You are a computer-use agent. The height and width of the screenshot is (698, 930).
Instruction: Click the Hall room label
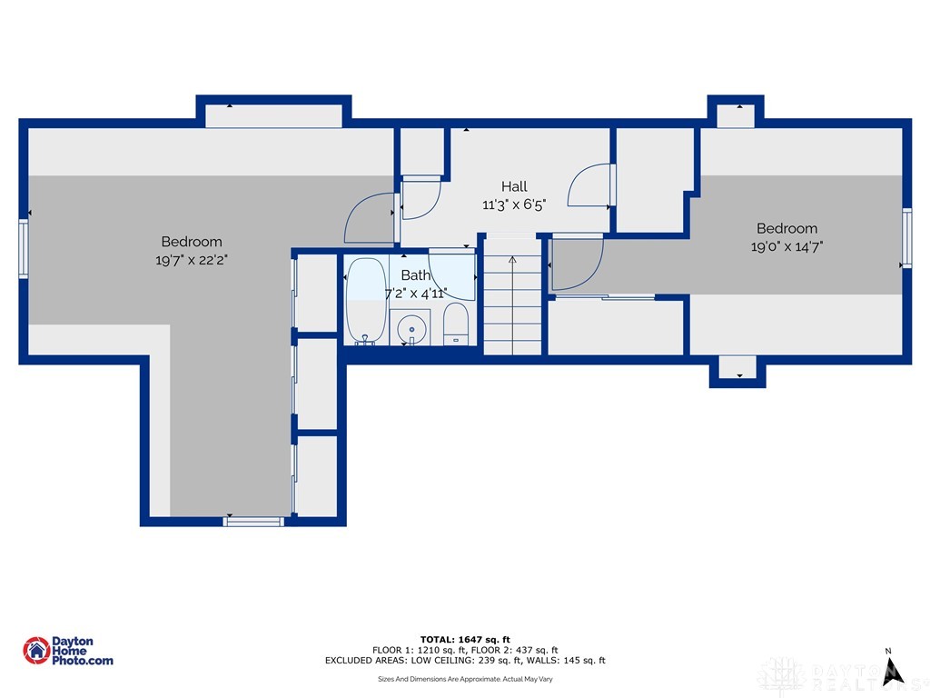(514, 186)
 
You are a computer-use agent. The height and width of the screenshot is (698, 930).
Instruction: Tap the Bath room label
(416, 274)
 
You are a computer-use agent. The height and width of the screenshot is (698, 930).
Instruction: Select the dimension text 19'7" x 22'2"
(192, 259)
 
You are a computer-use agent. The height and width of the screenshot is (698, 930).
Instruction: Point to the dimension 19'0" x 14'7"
(787, 245)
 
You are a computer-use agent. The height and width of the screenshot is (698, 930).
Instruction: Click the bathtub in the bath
(366, 300)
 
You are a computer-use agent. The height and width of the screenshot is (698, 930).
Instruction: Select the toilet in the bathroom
(455, 325)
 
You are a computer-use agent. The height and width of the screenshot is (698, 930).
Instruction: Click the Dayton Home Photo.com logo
(68, 651)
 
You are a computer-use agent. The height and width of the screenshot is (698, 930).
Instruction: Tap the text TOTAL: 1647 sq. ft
(465, 639)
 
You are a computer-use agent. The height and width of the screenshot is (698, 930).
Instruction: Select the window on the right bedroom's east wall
(906, 238)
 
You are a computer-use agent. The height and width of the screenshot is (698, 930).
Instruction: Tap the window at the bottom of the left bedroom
(253, 521)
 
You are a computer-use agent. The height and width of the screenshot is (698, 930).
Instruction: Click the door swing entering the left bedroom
(372, 218)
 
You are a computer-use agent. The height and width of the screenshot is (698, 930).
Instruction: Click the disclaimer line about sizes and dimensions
(465, 679)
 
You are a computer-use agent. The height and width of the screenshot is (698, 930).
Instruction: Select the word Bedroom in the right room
(787, 228)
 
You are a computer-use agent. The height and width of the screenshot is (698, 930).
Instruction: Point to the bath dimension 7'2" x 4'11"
(417, 293)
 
